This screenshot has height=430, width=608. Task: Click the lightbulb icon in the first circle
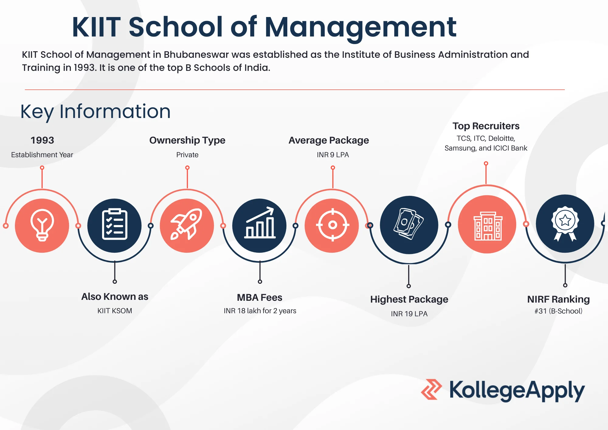[x=42, y=225]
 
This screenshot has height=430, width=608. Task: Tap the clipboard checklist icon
[x=115, y=224]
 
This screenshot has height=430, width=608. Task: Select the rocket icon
[x=187, y=224]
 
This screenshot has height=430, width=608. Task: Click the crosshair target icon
[x=333, y=225]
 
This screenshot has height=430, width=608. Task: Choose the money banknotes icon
[x=409, y=224]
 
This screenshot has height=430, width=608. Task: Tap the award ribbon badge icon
[x=565, y=224]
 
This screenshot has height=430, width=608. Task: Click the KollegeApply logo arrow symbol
[x=431, y=389]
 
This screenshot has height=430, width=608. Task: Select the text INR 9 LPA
[x=333, y=155]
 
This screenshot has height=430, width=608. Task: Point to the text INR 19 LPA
[x=409, y=314]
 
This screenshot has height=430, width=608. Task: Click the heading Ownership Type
[x=187, y=140]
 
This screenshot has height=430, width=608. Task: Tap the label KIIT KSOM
[x=115, y=311]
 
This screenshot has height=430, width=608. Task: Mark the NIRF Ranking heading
[x=558, y=300]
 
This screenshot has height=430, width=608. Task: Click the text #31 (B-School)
[x=558, y=311]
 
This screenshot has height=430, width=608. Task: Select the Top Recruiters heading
[x=486, y=126]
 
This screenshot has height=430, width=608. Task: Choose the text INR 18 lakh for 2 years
[x=260, y=311]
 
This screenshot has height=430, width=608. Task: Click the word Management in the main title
[x=361, y=27]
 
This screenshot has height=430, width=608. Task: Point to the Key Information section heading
[x=95, y=112]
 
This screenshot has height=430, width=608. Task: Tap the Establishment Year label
[x=42, y=155]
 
